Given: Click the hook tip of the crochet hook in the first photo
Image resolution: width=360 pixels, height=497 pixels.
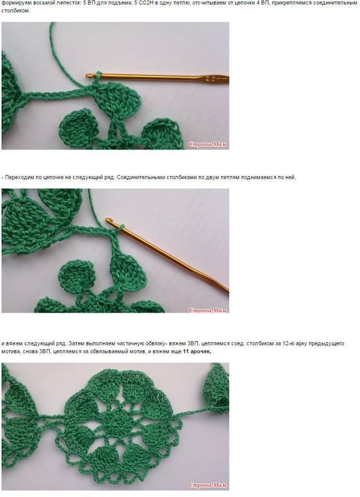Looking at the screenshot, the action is (x=88, y=76).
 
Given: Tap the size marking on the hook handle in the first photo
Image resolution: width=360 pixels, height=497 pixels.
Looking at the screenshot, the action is (x=211, y=79).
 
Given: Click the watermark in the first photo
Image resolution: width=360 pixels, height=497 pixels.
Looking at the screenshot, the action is (x=208, y=144).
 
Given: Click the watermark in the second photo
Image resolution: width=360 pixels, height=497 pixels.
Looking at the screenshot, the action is (x=208, y=310).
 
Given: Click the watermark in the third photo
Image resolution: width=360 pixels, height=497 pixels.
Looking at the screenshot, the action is (x=208, y=485).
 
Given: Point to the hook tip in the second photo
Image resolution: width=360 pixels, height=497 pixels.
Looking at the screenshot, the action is (x=108, y=220).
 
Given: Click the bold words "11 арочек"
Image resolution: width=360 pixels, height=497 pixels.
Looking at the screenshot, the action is (x=197, y=352).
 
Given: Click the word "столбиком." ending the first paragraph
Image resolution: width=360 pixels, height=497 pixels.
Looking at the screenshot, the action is (x=16, y=11).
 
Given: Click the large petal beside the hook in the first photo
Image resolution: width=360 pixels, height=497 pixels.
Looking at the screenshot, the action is (x=118, y=98).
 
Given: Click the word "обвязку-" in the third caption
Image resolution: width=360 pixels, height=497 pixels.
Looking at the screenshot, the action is (x=156, y=344).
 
